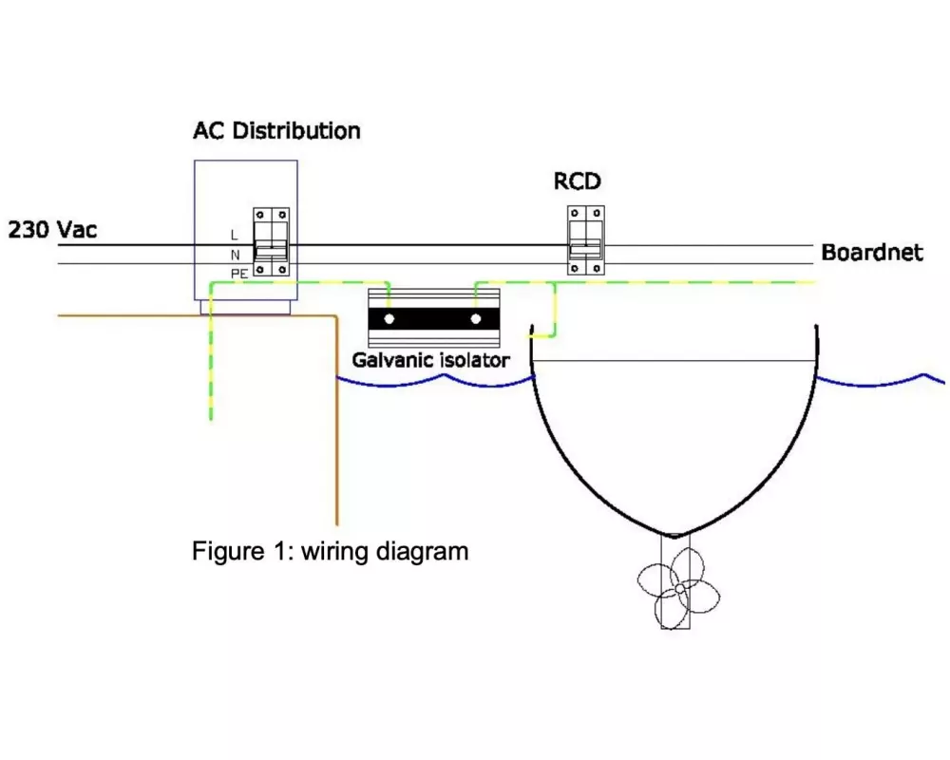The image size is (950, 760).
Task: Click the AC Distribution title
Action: pos(276,130)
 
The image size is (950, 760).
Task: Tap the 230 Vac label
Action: pos(52,230)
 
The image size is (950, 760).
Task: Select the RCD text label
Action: pos(578,180)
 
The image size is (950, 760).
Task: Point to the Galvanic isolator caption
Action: pos(430,360)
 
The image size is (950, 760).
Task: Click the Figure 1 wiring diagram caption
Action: pos(330,551)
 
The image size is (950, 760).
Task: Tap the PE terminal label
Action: pos(237,274)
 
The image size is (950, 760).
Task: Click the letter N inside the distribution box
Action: pos(234,255)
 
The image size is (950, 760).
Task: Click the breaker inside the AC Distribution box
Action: pos(271,242)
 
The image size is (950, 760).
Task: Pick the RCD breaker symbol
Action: pos(586,239)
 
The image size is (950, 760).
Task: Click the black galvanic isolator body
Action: pos(433,318)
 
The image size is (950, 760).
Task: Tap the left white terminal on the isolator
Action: pos(389,318)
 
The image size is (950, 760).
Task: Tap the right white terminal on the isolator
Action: pos(476,318)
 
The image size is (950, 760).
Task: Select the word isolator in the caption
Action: pos(475,360)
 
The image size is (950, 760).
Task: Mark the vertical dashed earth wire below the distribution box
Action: pos(211,370)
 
